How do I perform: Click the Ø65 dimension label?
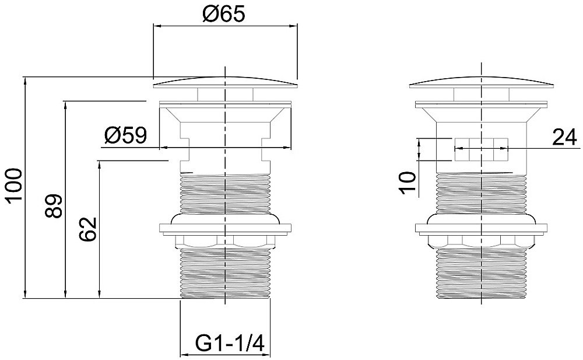[x=224, y=15]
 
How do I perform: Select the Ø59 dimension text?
[x=125, y=135]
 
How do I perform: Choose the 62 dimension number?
[x=88, y=229]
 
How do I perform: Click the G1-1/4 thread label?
[x=230, y=342]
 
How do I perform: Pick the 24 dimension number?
[x=564, y=137]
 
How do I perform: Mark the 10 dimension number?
[x=408, y=183]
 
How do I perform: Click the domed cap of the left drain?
[x=225, y=83]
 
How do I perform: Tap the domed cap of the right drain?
[x=482, y=83]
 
